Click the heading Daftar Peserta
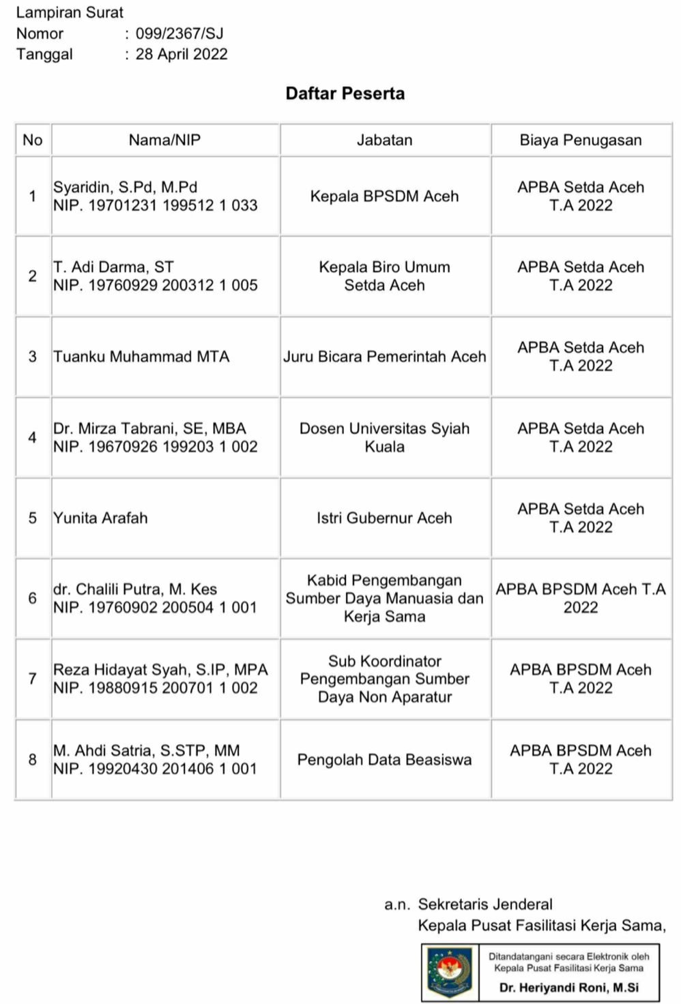[345, 93]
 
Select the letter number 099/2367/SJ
[179, 33]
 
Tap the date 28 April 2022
[182, 55]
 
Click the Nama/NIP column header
[164, 140]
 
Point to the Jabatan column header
[384, 140]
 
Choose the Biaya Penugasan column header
[580, 140]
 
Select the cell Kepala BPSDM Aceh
[384, 196]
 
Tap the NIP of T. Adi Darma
[155, 286]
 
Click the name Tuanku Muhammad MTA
[141, 357]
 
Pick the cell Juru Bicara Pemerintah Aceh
[384, 357]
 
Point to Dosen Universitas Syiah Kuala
[384, 437]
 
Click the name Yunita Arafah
[100, 518]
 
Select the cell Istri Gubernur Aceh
[384, 518]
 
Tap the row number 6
[32, 598]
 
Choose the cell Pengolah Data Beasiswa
[384, 760]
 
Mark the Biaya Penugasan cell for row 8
[580, 759]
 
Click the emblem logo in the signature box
[449, 971]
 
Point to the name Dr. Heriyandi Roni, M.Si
[568, 988]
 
